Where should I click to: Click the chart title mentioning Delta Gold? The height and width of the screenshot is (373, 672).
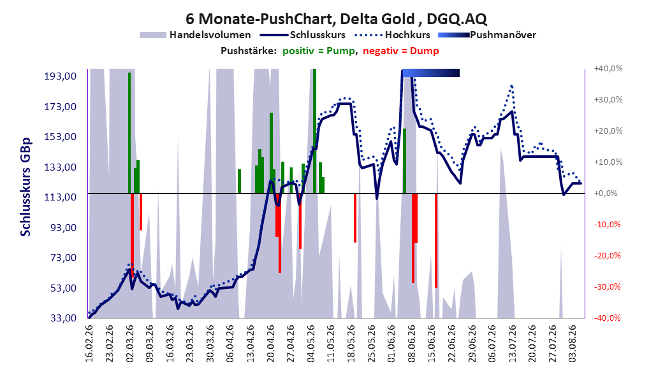[336, 19]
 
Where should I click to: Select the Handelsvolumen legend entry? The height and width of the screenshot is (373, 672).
[196, 35]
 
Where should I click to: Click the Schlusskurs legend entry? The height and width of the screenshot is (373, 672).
[303, 35]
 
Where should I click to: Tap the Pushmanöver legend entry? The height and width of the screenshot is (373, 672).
[487, 35]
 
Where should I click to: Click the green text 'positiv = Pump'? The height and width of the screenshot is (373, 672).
[319, 51]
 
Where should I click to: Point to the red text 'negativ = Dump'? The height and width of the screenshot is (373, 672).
[401, 51]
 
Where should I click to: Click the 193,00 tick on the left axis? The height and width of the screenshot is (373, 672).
[61, 76]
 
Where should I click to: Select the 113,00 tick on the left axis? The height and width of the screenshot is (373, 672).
[61, 197]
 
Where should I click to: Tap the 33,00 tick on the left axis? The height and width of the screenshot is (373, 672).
[61, 318]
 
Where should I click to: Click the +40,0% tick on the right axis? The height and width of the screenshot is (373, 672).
[608, 69]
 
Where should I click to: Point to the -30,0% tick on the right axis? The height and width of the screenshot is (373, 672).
[607, 287]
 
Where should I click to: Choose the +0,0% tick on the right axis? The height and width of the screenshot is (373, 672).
[606, 194]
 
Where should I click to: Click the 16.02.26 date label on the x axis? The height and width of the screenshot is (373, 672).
[89, 344]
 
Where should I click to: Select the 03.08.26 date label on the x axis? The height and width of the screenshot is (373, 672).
[572, 344]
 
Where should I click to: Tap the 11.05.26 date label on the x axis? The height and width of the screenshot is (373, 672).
[330, 344]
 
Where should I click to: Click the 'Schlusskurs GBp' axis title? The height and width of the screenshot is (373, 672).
[26, 187]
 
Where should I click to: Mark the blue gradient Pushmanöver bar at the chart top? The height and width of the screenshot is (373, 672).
[431, 73]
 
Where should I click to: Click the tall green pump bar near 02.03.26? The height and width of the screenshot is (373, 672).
[129, 133]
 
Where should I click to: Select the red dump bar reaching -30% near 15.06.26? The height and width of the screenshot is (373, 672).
[436, 241]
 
